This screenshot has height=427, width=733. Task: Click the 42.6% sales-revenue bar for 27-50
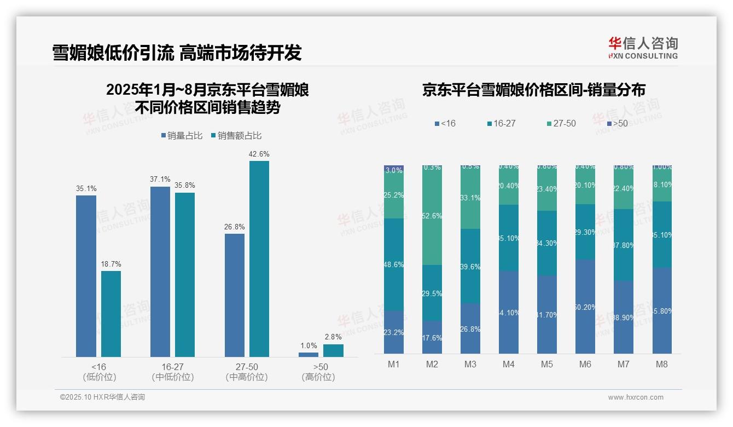point(259,258)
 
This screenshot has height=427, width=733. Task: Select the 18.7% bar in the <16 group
point(111,314)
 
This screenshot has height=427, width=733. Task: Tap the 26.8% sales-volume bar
point(235,295)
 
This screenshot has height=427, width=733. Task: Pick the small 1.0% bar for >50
point(309,355)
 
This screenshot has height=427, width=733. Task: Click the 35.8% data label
point(185,186)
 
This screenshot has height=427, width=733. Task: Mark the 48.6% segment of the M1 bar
point(394,264)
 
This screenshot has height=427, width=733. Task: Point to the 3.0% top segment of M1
point(394,170)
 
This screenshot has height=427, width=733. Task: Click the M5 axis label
point(546,365)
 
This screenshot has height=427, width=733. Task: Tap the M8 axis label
point(661,365)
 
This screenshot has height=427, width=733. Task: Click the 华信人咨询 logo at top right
point(643,48)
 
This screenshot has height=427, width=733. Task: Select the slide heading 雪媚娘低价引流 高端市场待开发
point(177,53)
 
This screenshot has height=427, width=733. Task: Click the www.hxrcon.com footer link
point(635,397)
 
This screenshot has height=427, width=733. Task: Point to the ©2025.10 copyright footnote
point(102,397)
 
